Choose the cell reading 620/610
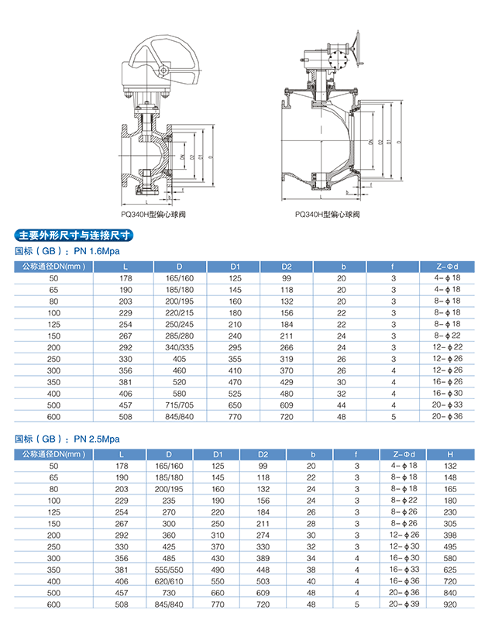tap(169, 580)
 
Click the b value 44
tap(341, 405)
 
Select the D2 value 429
tap(287, 382)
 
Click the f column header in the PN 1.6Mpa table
tap(394, 267)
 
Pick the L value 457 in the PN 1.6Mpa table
tap(126, 405)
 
